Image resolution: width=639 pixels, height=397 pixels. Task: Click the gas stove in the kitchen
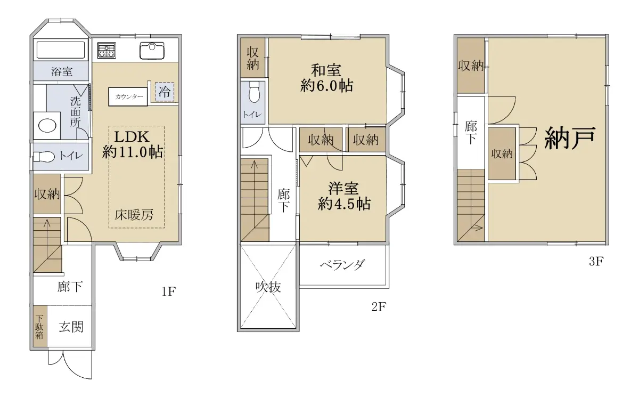106,51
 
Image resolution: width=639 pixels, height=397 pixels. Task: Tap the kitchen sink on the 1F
152,51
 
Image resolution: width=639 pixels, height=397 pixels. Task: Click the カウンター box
128,97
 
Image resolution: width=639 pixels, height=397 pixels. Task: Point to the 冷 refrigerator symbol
165,92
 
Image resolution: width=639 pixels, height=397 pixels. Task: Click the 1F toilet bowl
44,157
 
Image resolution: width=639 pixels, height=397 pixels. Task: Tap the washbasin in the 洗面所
47,126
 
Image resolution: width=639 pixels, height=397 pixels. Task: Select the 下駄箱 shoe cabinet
40,326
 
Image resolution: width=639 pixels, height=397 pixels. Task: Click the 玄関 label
71,327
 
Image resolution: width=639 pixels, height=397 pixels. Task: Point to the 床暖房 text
134,215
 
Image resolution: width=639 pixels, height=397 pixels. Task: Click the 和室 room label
326,70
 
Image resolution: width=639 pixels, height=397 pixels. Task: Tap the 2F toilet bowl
254,92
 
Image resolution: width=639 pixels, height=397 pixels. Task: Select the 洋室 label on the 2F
343,189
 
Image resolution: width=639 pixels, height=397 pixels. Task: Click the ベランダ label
342,264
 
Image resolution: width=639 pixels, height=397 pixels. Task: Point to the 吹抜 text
268,287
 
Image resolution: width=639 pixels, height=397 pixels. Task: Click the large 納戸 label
570,138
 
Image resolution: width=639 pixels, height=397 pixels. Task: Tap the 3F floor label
596,262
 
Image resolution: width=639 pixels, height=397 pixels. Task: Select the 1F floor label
169,291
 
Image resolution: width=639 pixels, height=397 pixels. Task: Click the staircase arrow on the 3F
477,228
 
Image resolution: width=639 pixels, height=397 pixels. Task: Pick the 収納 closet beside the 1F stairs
47,194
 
